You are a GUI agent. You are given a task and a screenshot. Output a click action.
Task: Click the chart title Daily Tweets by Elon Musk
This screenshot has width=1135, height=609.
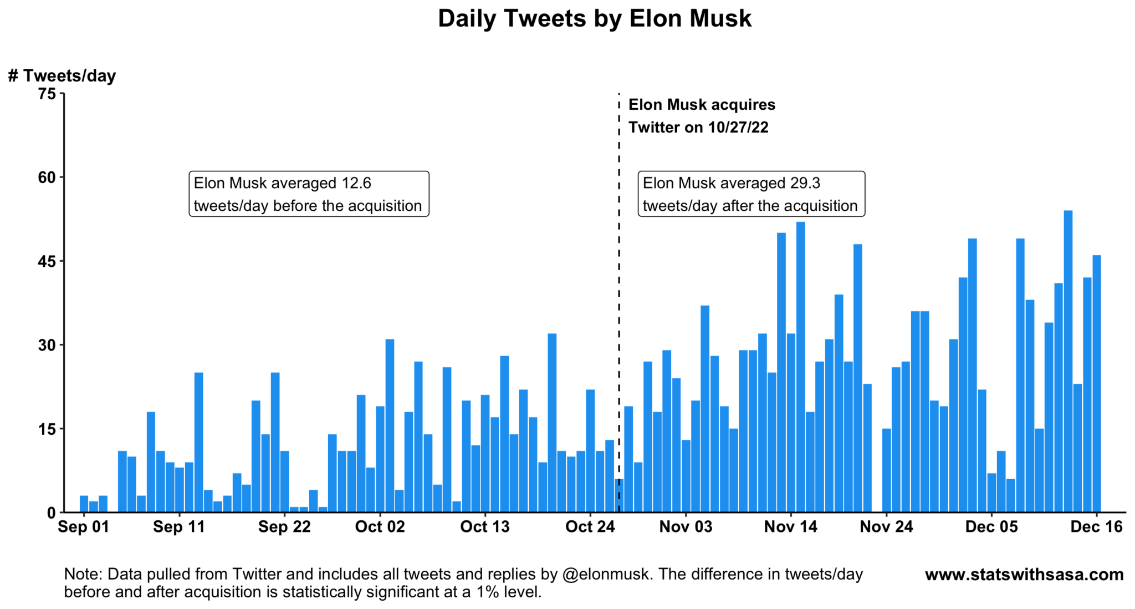point(594,18)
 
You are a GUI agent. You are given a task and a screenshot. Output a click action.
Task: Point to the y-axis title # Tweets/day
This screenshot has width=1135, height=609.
point(62,75)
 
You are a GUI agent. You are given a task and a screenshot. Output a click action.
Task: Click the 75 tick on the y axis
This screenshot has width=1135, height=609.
point(48,94)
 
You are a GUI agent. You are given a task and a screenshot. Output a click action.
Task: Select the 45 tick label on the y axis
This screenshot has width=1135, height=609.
point(48,261)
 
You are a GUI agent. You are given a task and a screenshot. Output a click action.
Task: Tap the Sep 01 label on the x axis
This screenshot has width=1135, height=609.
point(83,527)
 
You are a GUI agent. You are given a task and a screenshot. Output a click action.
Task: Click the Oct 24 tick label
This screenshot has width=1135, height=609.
point(590,527)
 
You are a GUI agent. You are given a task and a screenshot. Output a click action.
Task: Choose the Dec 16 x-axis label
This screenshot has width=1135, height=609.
point(1096,527)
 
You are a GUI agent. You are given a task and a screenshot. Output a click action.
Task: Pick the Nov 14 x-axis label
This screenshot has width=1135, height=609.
point(790,527)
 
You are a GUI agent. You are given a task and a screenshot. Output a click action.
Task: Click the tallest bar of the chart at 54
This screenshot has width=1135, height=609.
point(1068,361)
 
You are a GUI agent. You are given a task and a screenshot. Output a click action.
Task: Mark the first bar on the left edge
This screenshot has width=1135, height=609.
point(84,504)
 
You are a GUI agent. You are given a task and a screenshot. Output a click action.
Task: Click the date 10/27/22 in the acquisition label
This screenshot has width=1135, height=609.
point(738,128)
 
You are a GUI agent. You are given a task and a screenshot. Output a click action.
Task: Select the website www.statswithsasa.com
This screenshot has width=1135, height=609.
point(1024,575)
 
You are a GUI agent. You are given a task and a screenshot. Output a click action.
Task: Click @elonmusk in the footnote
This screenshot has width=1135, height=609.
point(605,574)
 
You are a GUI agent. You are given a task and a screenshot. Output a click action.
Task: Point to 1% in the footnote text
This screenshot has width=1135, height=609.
point(489,592)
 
